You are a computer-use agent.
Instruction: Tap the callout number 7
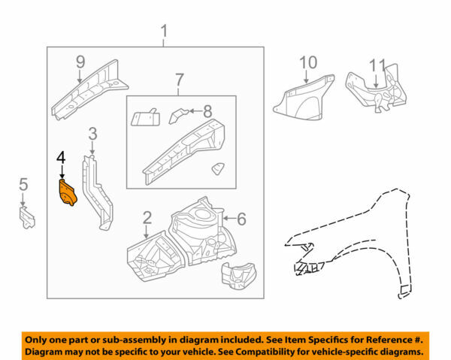(179, 80)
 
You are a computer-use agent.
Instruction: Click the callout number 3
(92, 135)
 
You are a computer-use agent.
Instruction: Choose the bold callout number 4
(61, 158)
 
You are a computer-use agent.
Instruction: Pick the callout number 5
(23, 185)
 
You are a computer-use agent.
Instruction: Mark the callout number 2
(147, 219)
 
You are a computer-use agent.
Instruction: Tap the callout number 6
(241, 219)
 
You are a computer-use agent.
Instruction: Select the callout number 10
(309, 62)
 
